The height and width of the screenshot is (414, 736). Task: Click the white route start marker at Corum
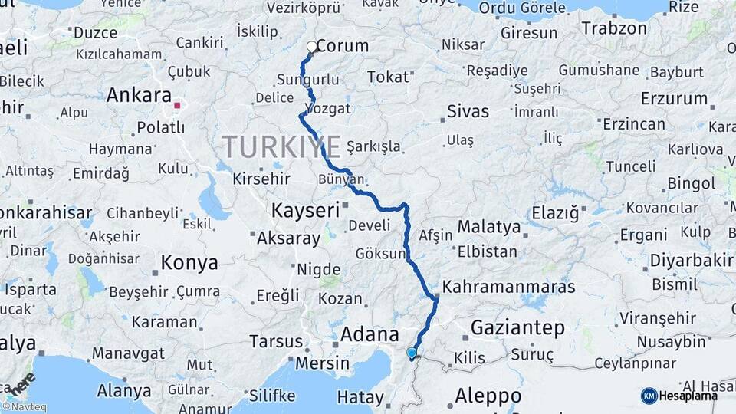pos(312,47)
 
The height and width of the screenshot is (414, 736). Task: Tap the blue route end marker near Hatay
pos(412,353)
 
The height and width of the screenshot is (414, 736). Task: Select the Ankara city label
pos(138,95)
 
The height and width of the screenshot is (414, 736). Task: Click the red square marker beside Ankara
pos(178,106)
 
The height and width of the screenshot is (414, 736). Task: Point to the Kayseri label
pos(305,209)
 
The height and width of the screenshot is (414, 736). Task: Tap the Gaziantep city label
pos(517,328)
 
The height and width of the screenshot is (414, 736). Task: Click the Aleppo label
pos(488,396)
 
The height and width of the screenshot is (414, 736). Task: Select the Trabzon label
pos(614,28)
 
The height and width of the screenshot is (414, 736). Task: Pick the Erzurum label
pos(675,98)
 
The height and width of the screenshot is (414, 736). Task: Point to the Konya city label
pos(189,263)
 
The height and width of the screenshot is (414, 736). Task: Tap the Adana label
pos(370,334)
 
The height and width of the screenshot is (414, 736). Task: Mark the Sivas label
pos(468,111)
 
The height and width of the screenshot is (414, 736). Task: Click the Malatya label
pos(489,227)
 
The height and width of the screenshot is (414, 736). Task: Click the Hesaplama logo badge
pos(679,396)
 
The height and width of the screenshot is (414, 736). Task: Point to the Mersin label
pos(322,362)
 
